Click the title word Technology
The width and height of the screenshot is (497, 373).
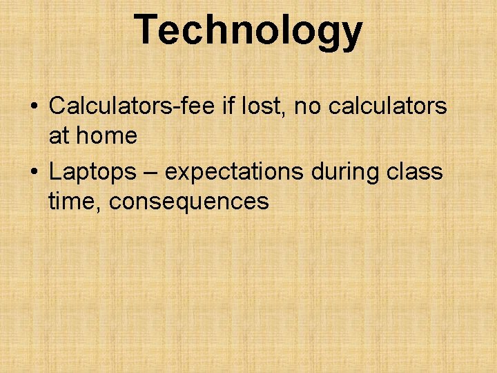pyautogui.click(x=248, y=30)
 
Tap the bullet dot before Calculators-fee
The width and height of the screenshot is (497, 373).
pyautogui.click(x=33, y=107)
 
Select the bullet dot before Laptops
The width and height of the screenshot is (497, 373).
pyautogui.click(x=33, y=172)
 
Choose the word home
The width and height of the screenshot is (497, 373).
pyautogui.click(x=106, y=136)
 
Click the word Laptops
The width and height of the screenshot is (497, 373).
pyautogui.click(x=92, y=172)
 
